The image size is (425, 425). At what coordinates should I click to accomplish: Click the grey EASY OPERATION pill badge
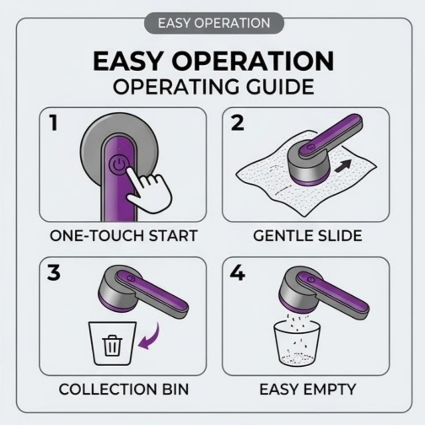214,23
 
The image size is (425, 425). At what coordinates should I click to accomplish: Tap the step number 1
54,123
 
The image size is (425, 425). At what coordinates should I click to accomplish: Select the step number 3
54,273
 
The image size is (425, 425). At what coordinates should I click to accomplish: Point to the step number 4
237,273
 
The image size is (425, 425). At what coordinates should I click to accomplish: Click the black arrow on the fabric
343,166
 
